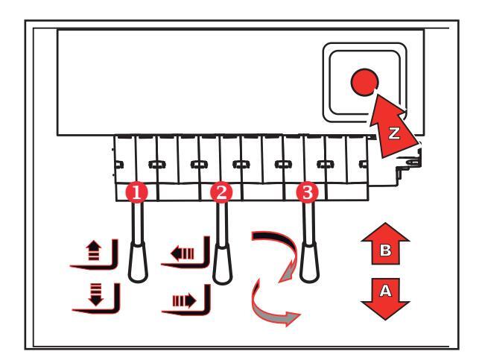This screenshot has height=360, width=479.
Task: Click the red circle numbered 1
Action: tap(137, 192)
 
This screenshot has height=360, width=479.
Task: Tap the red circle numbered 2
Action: tap(220, 192)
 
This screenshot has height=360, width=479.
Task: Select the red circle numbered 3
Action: tap(305, 192)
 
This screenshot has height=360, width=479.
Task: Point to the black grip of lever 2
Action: tap(221, 262)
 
